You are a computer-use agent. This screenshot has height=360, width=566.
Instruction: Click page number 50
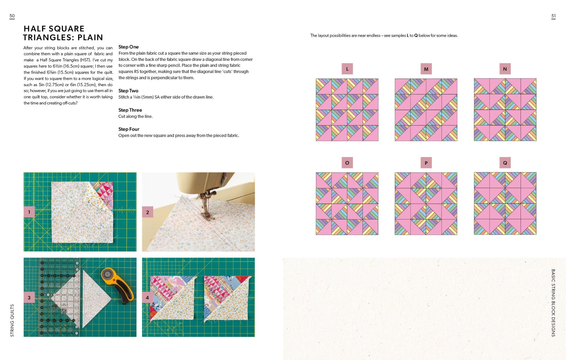click(12, 16)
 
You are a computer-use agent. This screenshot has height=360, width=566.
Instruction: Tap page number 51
click(554, 16)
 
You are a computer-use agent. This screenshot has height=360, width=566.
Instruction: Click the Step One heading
click(128, 47)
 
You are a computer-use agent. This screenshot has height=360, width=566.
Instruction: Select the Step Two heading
click(128, 91)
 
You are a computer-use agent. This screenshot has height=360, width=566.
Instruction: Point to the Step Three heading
click(130, 110)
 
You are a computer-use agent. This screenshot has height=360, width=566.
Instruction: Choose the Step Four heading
click(129, 129)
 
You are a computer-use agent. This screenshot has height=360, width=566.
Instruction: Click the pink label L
click(347, 69)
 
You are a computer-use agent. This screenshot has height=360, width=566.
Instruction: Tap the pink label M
click(426, 69)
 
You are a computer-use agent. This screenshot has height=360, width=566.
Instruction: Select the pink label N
click(505, 69)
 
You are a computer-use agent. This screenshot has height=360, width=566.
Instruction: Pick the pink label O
click(347, 163)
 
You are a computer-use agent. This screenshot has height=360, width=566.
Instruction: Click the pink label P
click(426, 163)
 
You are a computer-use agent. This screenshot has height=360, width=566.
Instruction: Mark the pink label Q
click(505, 163)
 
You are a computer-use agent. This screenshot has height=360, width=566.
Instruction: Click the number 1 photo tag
click(29, 212)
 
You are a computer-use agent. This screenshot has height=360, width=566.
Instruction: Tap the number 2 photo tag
click(147, 212)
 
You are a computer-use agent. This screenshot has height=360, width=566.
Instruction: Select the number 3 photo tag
click(29, 297)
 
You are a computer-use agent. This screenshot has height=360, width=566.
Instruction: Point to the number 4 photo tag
click(147, 297)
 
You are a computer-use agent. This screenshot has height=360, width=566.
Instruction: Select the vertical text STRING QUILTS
click(12, 320)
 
